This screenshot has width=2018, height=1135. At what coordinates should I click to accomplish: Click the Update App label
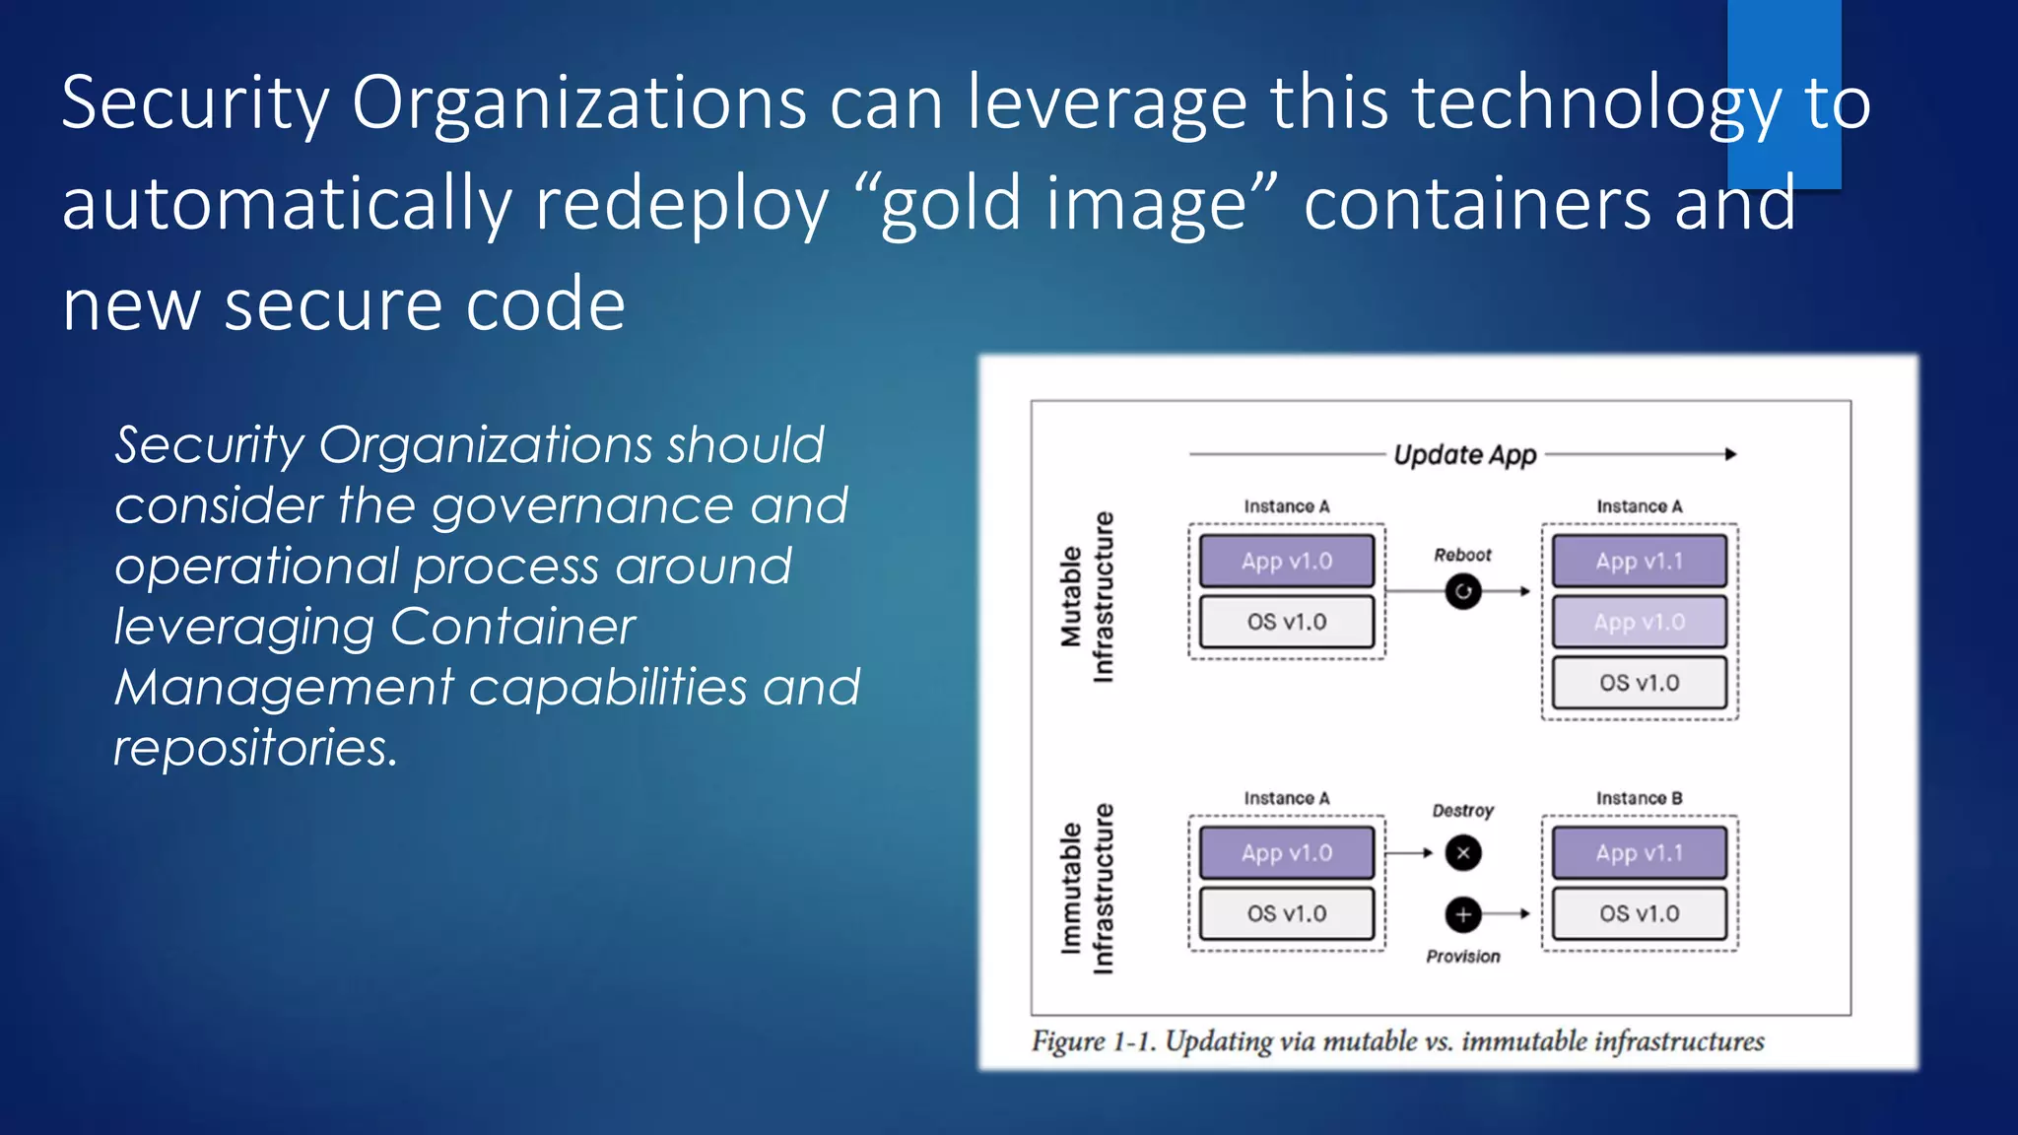point(1464,455)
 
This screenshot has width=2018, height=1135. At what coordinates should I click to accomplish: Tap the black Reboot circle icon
point(1463,591)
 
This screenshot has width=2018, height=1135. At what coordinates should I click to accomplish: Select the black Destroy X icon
point(1463,853)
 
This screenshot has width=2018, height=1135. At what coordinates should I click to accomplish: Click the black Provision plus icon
point(1463,914)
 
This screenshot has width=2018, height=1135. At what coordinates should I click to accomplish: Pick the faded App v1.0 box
point(1639,623)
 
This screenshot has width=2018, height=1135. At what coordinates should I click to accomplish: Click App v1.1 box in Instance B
point(1639,853)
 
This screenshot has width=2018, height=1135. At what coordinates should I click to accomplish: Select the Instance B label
point(1639,798)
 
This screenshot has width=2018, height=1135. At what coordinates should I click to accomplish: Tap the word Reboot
point(1462,555)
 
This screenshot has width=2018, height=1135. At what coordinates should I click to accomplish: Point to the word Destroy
point(1462,811)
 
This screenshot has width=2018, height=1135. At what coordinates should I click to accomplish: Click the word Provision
point(1463,957)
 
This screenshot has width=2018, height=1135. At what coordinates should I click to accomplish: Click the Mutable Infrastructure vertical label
point(1086,596)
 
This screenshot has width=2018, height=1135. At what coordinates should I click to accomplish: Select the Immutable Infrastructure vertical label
point(1086,889)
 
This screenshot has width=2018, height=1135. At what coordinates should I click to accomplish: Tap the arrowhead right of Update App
point(1730,454)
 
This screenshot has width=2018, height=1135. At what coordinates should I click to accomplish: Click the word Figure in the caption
point(1068,1041)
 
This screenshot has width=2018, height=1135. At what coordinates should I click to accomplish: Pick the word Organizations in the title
point(578,102)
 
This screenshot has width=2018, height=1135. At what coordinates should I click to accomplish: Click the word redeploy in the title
point(682,204)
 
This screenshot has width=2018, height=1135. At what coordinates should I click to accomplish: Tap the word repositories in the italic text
point(255,748)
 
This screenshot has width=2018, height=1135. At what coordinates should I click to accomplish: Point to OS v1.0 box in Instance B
point(1639,914)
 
